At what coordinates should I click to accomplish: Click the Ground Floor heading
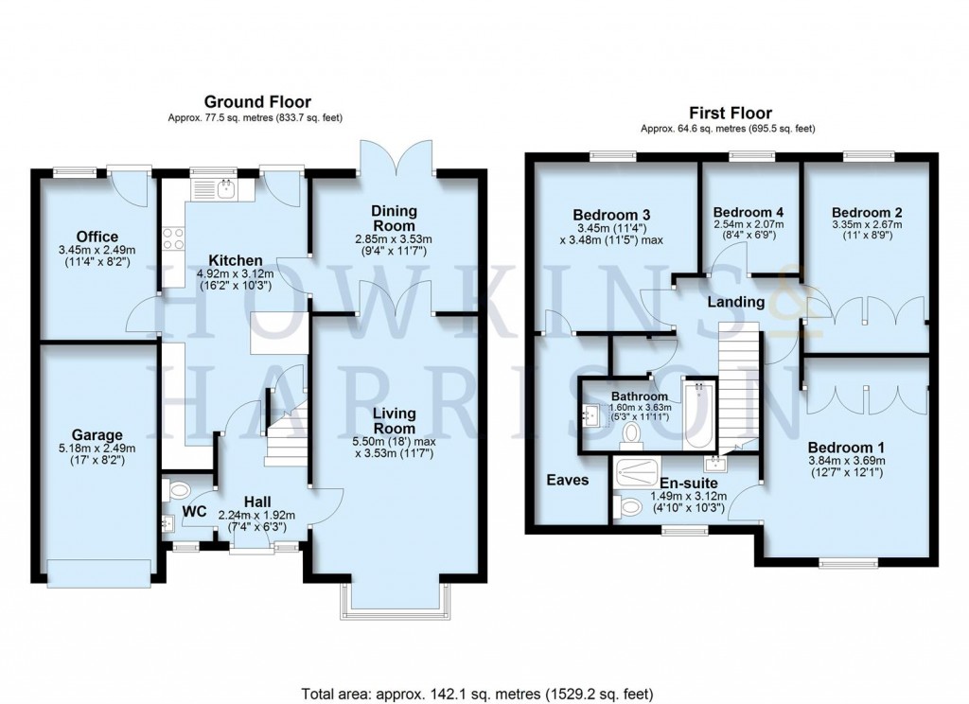point(258,102)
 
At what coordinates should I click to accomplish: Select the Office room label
point(97,237)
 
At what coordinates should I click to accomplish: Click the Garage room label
point(97,435)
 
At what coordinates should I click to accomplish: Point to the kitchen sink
point(225,190)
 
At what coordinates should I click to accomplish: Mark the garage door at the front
point(98,573)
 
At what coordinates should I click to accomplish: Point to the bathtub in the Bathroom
point(699,414)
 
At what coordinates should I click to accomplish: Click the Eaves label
point(568,481)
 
